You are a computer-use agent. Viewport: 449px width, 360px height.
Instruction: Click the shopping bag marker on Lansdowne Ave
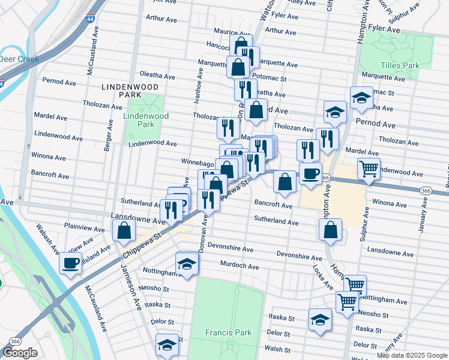pyautogui.click(x=124, y=230)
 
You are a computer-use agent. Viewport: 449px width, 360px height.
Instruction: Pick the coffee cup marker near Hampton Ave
pyautogui.click(x=310, y=173)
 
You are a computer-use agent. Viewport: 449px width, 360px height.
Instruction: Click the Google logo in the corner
pyautogui.click(x=20, y=353)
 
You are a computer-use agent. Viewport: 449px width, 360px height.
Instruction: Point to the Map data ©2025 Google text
pyautogui.click(x=412, y=355)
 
